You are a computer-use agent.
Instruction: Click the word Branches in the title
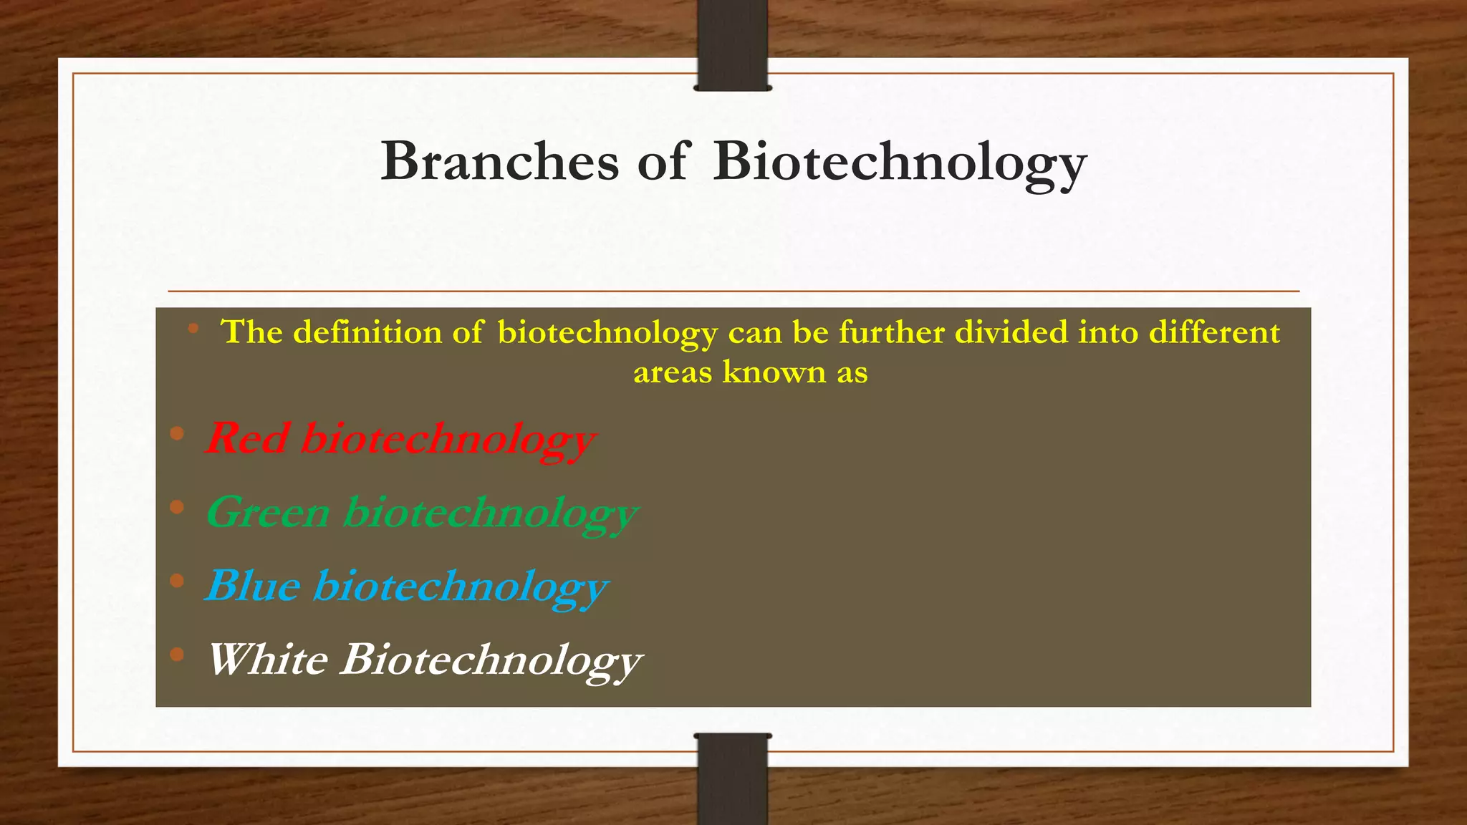tap(499, 162)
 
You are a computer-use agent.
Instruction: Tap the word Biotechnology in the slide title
tap(900, 162)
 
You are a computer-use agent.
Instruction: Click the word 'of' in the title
tap(663, 162)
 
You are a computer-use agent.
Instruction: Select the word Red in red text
tap(248, 438)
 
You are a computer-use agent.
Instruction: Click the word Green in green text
tap(269, 513)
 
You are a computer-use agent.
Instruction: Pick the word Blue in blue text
tap(253, 586)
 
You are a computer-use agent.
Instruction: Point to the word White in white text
tap(267, 660)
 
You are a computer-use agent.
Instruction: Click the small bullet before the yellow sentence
tap(193, 329)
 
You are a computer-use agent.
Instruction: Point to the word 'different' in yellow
tap(1214, 333)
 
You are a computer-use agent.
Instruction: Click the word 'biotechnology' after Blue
tap(461, 587)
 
